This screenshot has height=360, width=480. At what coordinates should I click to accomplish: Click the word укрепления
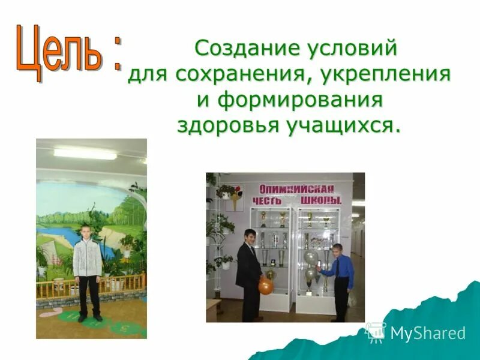[x=385, y=75]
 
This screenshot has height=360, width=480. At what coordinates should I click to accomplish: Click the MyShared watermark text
[x=428, y=333]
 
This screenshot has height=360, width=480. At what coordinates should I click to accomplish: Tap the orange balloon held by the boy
[x=266, y=287]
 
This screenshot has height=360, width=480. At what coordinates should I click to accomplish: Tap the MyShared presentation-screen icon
[x=376, y=332]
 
